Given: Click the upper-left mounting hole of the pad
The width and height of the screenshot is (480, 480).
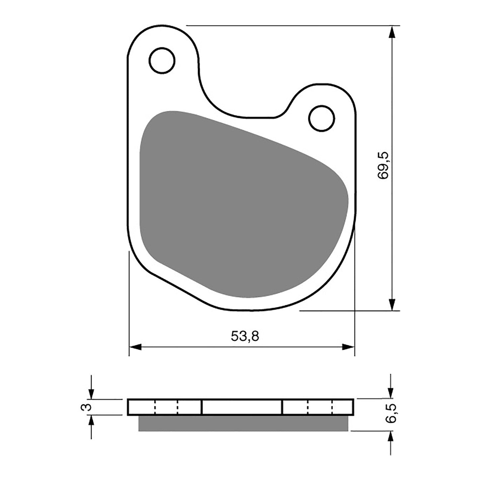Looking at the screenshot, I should (x=162, y=60).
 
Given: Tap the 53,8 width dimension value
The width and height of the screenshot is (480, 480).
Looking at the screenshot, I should (x=245, y=336).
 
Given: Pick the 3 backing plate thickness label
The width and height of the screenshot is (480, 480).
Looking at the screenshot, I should (x=86, y=407).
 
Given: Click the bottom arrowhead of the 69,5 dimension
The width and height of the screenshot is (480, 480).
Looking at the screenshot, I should (x=392, y=304).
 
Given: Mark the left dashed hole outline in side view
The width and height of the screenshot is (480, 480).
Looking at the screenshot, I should (x=166, y=407).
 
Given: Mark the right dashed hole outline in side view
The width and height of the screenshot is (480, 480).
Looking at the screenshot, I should (x=320, y=407).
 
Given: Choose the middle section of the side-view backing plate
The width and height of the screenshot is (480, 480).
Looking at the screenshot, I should (x=242, y=407).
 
